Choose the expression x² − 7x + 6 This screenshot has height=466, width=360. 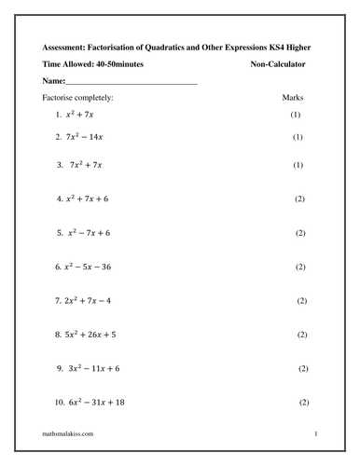[97, 233]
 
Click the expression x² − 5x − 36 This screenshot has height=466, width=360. [99, 267]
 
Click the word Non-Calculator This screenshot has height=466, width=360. [278, 64]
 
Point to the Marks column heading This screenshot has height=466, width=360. [292, 97]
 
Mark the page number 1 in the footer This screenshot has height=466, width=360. [317, 435]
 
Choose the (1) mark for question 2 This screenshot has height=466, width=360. [298, 138]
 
